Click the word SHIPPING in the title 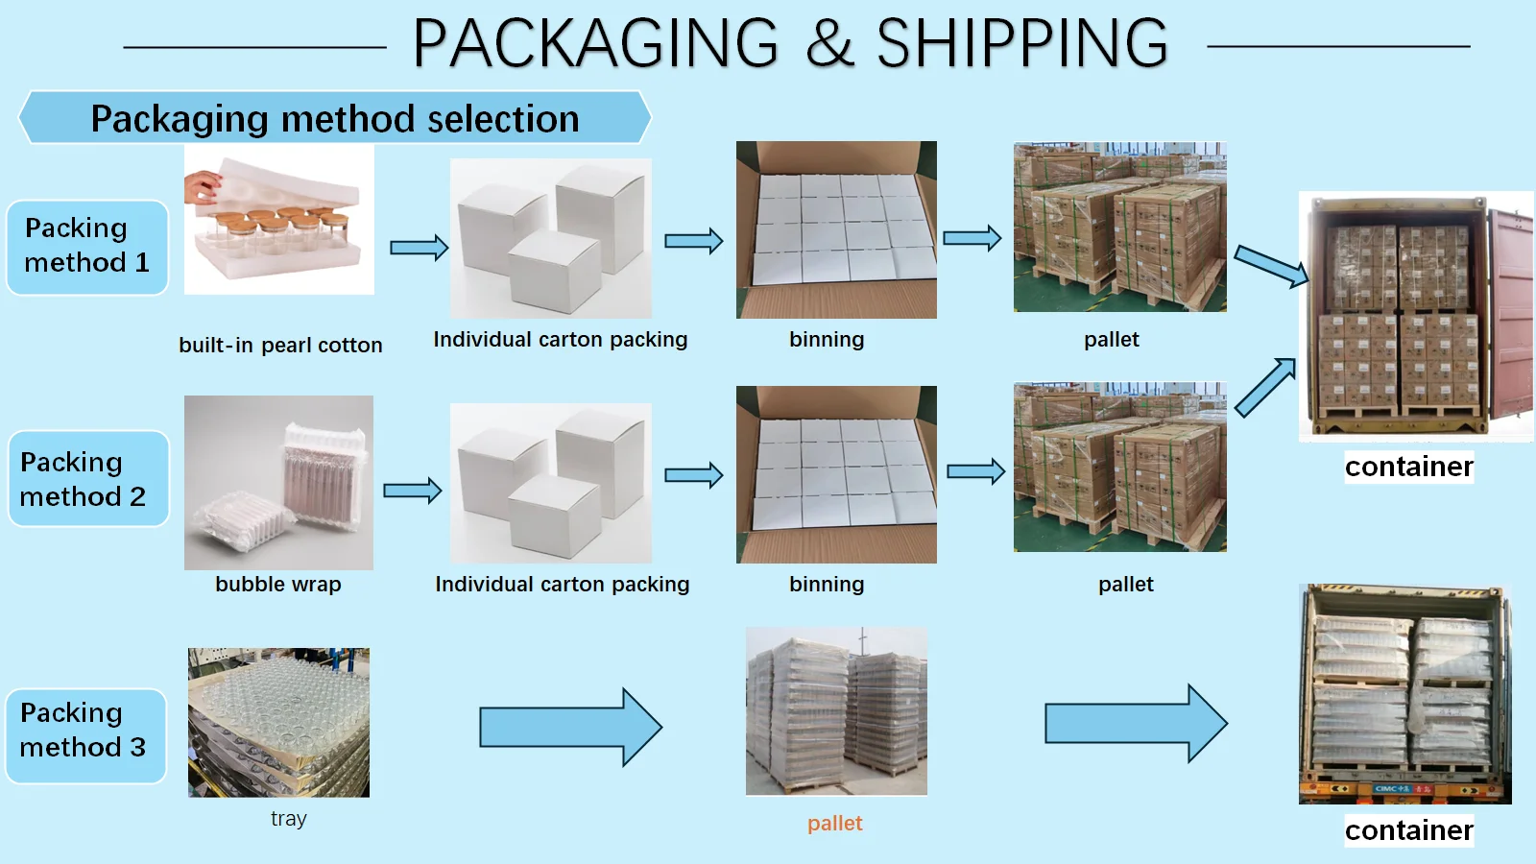pyautogui.click(x=1021, y=44)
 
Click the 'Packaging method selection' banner pyautogui.click(x=334, y=118)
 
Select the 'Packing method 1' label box pyautogui.click(x=87, y=246)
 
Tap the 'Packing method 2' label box pyautogui.click(x=87, y=479)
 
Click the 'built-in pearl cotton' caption pyautogui.click(x=280, y=346)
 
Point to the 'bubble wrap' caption pyautogui.click(x=278, y=585)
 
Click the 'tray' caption pyautogui.click(x=288, y=819)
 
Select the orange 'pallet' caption pyautogui.click(x=834, y=824)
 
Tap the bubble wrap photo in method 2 pyautogui.click(x=278, y=483)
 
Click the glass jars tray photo pyautogui.click(x=278, y=722)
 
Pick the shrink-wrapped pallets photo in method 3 pyautogui.click(x=836, y=711)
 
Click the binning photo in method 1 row pyautogui.click(x=836, y=230)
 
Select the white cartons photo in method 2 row pyautogui.click(x=550, y=483)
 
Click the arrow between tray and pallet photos pyautogui.click(x=570, y=727)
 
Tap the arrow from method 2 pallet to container pyautogui.click(x=1264, y=387)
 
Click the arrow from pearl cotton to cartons pyautogui.click(x=419, y=248)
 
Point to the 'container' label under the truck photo pyautogui.click(x=1408, y=830)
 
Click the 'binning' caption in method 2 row pyautogui.click(x=827, y=585)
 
